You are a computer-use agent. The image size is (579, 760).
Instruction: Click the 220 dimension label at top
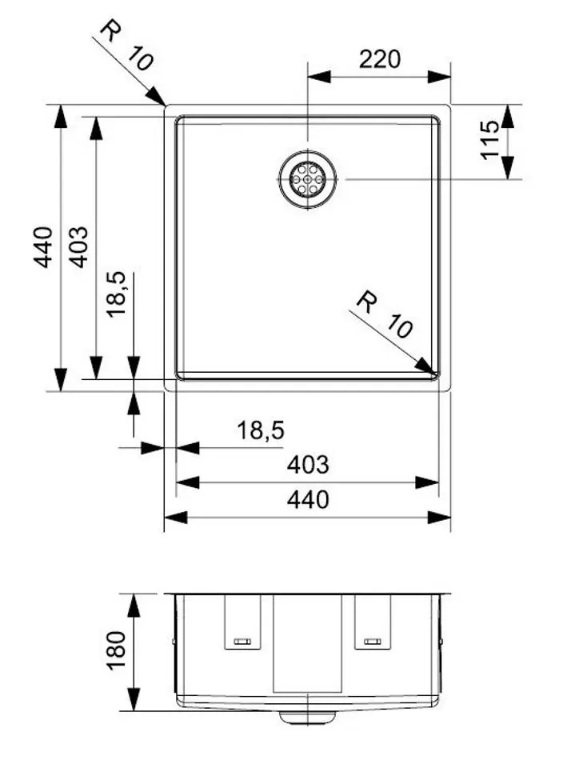(380, 59)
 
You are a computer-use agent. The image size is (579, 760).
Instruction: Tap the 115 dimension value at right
(490, 140)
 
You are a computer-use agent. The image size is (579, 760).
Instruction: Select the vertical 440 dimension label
(42, 247)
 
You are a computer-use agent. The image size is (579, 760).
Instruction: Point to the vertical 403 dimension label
(78, 247)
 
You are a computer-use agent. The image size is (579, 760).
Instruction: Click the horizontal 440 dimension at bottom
(308, 499)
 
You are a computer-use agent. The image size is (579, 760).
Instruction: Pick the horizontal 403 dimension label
(308, 465)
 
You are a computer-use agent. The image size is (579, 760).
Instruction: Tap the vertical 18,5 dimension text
(116, 294)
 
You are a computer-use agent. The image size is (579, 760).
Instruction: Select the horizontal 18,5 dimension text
(261, 430)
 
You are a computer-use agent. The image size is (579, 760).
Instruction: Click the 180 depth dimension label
(116, 650)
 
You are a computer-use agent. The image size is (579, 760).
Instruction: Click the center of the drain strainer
(308, 179)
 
